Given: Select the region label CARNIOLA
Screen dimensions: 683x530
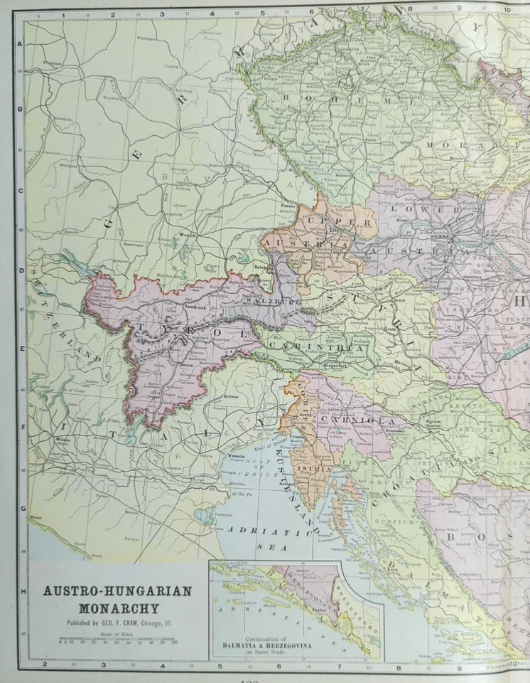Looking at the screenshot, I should click(x=348, y=420).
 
